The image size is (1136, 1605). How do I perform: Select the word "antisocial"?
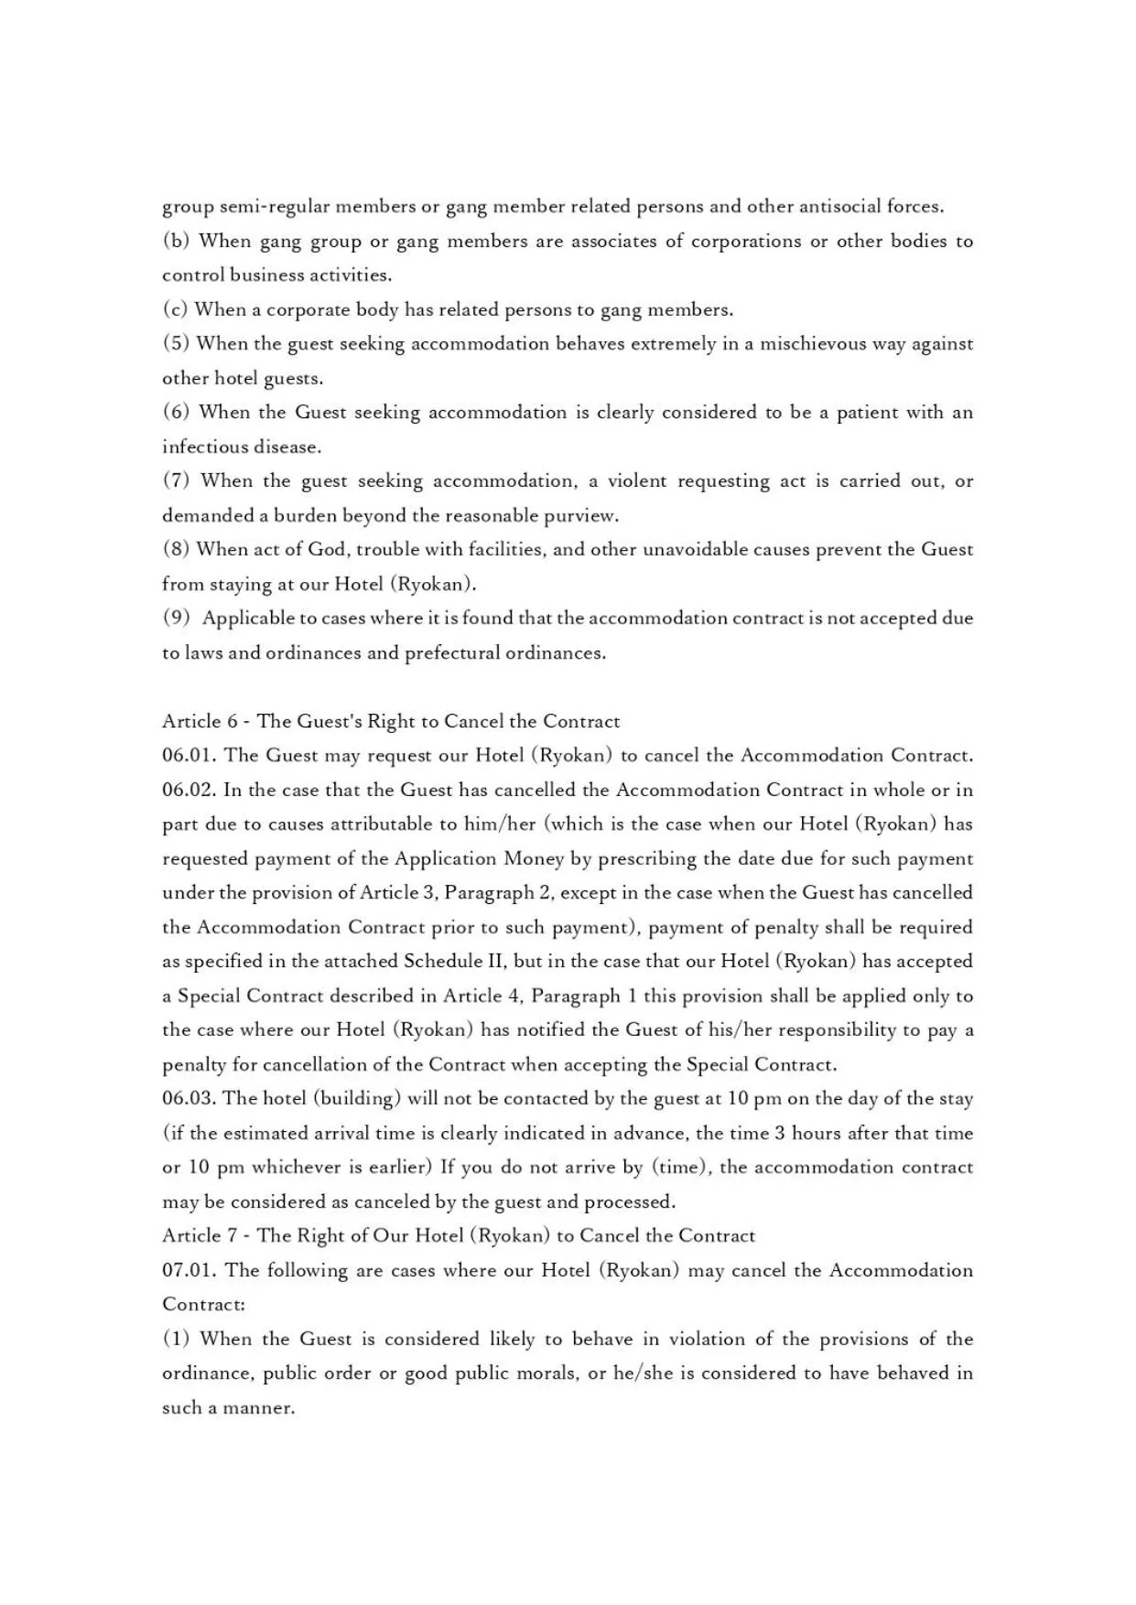[839, 207]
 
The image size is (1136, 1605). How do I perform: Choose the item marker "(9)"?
[176, 619]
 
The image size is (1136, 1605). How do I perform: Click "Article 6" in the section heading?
[200, 722]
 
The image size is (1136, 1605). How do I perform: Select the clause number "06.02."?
[189, 791]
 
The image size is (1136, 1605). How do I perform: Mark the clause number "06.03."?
[189, 1099]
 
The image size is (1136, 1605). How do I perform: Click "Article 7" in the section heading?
[200, 1236]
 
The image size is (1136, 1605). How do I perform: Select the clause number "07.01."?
[189, 1271]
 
